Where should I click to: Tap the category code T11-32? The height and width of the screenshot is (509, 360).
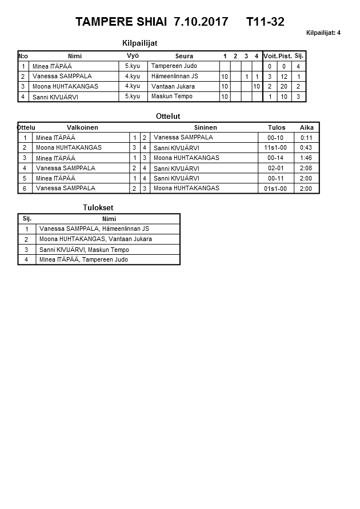point(265,22)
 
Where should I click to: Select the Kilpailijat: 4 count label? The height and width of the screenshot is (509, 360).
point(323,33)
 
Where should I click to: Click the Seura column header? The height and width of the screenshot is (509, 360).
point(184,56)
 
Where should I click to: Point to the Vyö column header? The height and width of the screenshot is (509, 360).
point(133,56)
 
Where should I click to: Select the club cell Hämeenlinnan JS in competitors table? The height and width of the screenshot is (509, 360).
point(175,77)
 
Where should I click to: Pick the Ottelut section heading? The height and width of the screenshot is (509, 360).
point(168,117)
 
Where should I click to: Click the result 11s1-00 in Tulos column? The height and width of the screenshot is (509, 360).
point(275,148)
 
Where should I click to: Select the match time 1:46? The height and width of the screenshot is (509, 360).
point(306,158)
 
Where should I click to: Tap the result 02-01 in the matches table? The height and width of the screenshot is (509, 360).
point(275,169)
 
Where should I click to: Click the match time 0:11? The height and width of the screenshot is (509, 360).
point(306,138)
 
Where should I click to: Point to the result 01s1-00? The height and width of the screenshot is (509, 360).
point(275,189)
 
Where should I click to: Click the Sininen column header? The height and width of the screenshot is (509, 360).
point(205,127)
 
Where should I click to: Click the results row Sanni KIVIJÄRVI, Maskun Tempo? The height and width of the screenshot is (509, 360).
point(83,250)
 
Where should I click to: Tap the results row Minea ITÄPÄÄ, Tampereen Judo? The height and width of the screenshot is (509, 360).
point(83,260)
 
